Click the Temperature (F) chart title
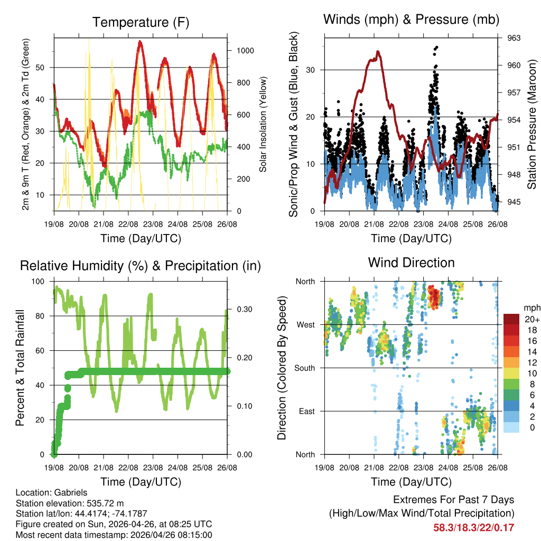click(x=141, y=23)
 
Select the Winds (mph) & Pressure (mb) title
click(x=411, y=20)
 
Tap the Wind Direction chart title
click(x=411, y=263)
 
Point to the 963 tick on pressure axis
click(x=514, y=38)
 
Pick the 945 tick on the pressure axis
click(x=514, y=202)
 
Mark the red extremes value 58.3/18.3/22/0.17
click(x=474, y=527)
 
